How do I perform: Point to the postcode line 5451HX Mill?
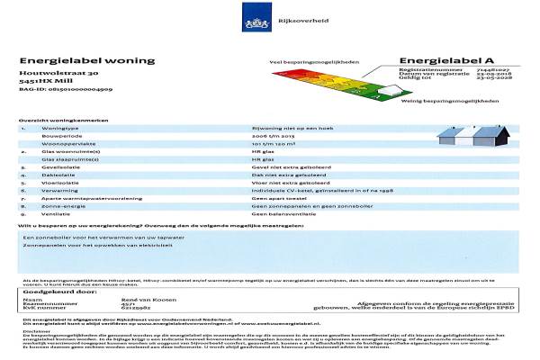(x=46, y=81)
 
